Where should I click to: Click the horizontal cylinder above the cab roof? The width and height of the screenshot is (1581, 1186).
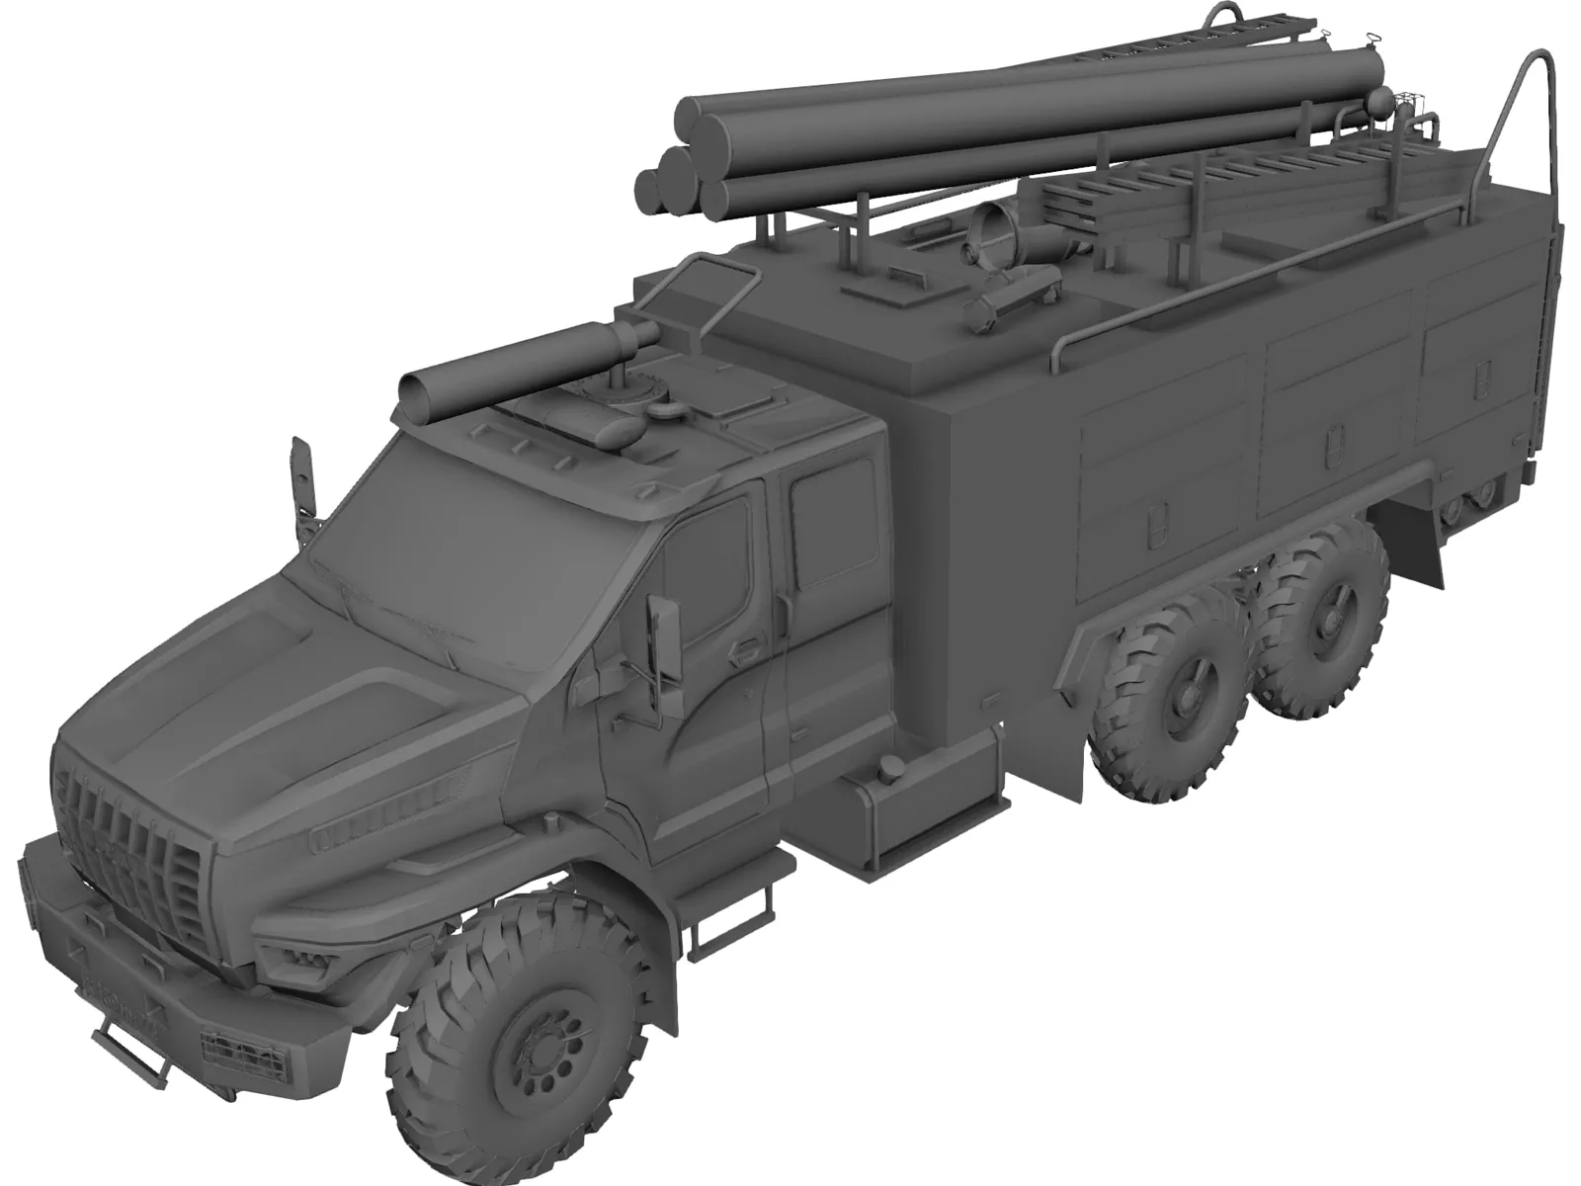tap(524, 371)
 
